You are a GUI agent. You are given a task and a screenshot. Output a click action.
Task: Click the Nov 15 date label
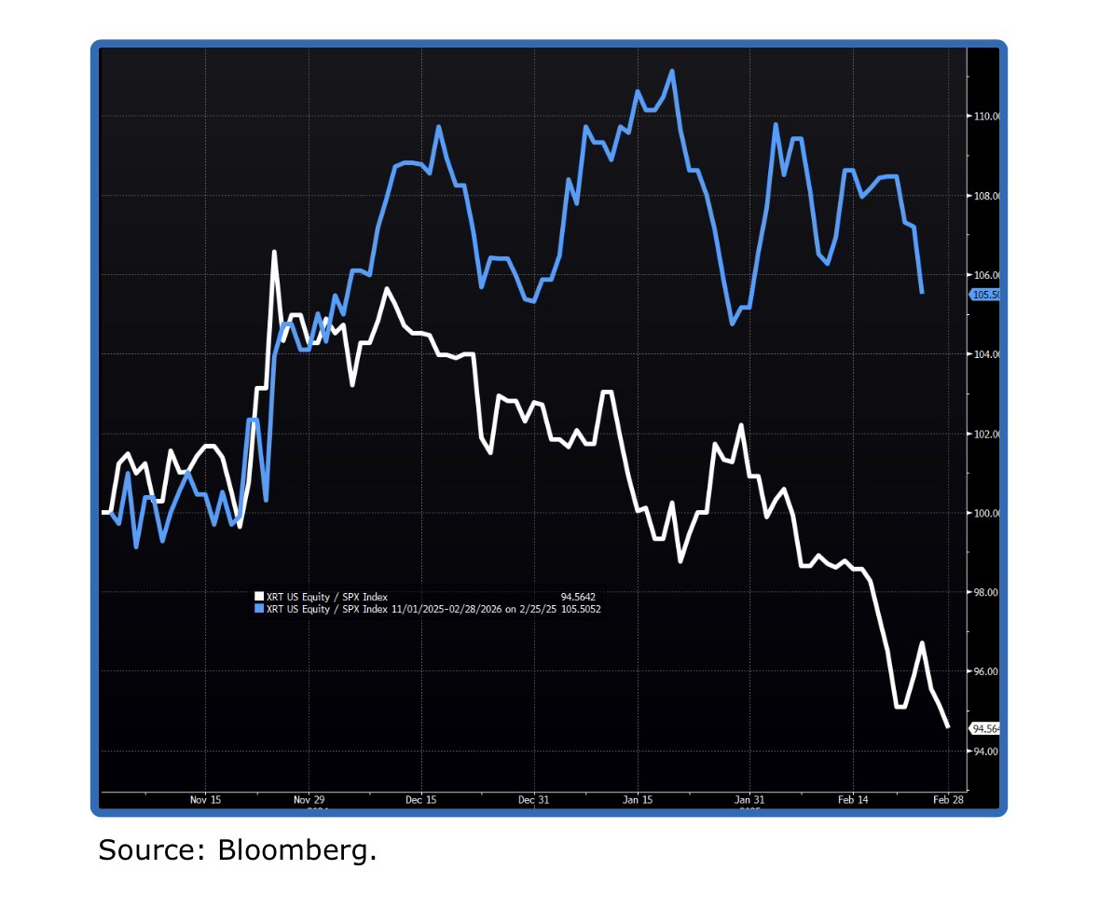click(205, 800)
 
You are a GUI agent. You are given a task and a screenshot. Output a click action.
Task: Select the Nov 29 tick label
click(309, 800)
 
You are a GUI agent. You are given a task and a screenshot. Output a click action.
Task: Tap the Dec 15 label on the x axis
click(420, 800)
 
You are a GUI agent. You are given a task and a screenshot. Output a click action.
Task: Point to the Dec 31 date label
click(532, 800)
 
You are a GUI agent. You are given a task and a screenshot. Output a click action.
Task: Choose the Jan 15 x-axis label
click(638, 800)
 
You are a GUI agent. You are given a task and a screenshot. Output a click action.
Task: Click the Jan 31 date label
click(749, 800)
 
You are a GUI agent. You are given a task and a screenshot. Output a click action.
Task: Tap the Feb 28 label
click(948, 800)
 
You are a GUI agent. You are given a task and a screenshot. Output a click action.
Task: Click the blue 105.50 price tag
click(985, 295)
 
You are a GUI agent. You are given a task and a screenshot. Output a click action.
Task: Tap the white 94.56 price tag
click(986, 728)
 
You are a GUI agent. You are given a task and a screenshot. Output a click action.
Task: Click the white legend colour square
click(259, 597)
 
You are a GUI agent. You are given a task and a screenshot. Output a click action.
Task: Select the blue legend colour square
click(259, 609)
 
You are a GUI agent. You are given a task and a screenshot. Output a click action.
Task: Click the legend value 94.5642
click(577, 597)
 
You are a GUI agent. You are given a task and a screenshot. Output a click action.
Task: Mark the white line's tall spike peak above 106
click(274, 251)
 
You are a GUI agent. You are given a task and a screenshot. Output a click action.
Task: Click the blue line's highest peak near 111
click(672, 71)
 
